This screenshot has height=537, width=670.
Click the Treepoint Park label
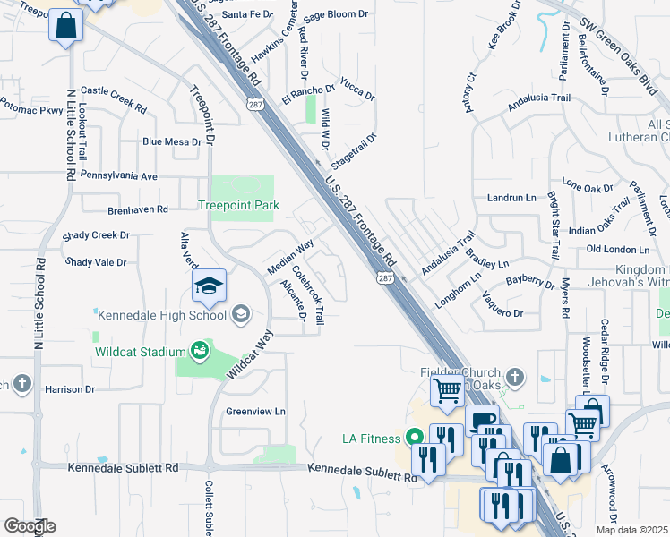238,205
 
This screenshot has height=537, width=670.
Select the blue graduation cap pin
209,286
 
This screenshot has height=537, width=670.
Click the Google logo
30,525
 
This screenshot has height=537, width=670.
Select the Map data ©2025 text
631,530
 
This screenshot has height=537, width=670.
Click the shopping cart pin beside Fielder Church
447,389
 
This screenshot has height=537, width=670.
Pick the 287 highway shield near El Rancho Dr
255,105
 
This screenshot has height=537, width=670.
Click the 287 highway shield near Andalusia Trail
383,280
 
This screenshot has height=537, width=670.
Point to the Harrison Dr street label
70,389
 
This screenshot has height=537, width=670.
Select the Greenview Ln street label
255,412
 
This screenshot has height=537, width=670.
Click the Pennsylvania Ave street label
118,175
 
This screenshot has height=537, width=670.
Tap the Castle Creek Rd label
114,98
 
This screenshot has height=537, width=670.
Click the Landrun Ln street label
511,197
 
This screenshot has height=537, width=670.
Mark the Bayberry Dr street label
530,284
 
